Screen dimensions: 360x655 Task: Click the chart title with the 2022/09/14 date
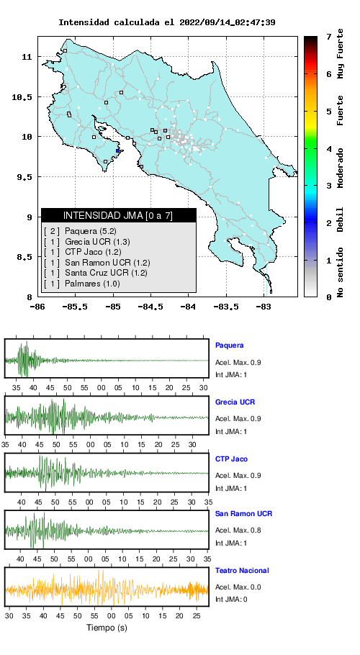click(x=166, y=22)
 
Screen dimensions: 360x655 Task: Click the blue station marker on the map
click(x=118, y=151)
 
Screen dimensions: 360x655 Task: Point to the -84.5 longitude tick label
click(x=150, y=307)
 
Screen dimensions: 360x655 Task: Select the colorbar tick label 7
click(x=329, y=37)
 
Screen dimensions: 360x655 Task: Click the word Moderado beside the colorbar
click(x=341, y=168)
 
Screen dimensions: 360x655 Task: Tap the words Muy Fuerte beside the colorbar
click(x=341, y=53)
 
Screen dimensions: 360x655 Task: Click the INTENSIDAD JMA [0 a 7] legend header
click(x=118, y=215)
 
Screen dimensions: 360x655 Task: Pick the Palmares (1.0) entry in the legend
click(x=92, y=284)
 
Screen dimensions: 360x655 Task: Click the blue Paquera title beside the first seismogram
click(x=229, y=345)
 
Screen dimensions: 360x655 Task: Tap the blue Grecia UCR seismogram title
click(x=235, y=402)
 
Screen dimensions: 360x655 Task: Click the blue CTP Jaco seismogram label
click(x=231, y=459)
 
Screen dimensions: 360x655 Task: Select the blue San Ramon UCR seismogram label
click(x=243, y=514)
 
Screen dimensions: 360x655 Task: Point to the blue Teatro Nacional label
click(x=242, y=571)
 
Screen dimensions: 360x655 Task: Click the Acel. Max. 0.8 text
click(x=238, y=530)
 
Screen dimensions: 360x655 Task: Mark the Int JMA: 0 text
click(x=231, y=600)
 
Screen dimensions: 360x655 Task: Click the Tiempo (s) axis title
click(x=107, y=628)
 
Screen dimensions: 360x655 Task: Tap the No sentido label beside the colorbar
click(x=341, y=272)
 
